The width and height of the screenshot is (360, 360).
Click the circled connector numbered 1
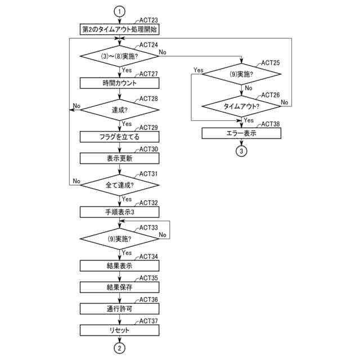pos(119,11)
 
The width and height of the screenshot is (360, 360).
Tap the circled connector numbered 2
pos(119,348)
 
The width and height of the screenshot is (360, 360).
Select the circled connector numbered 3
pos(241,151)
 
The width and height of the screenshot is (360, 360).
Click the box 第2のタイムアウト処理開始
pos(119,29)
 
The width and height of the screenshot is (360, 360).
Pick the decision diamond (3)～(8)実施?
pos(119,56)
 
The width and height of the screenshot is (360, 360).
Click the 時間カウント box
pos(119,83)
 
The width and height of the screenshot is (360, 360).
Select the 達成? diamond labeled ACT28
pos(119,110)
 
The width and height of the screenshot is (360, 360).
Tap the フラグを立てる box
pos(119,136)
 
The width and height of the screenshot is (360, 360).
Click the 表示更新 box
pos(119,158)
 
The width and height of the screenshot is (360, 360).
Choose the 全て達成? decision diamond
pos(119,184)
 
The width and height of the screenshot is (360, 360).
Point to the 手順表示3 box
pos(119,211)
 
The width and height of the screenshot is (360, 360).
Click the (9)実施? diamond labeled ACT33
pos(119,238)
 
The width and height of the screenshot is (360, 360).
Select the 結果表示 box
pos(119,265)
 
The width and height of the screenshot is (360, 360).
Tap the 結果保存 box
pos(119,287)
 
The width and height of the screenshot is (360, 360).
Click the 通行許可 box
pos(119,308)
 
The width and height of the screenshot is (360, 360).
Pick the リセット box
pos(119,330)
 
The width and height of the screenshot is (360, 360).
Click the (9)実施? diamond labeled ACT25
pos(241,73)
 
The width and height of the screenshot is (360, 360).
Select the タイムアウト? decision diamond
pos(241,106)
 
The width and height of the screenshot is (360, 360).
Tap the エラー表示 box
pos(241,133)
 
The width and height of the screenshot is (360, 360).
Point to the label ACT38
pos(271,124)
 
